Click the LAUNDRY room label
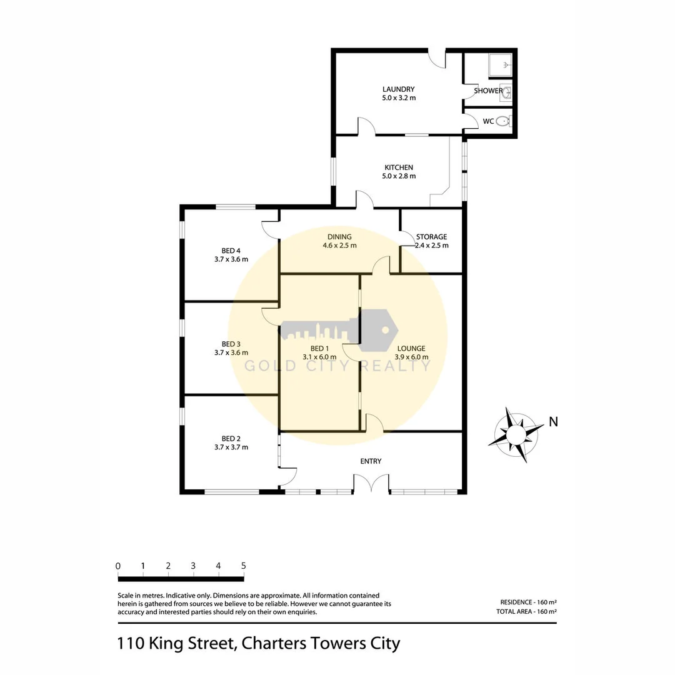[x=399, y=89]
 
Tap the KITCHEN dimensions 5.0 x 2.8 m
[x=399, y=176]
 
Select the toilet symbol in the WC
[x=503, y=121]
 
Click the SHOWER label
[x=487, y=91]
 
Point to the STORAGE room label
[x=431, y=237]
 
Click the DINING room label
[x=339, y=237]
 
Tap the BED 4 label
[x=231, y=251]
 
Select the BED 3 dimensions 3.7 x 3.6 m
[x=231, y=352]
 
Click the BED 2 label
[x=231, y=439]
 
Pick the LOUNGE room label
[x=411, y=349]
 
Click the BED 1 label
[x=319, y=349]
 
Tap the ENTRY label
[x=371, y=461]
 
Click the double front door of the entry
[x=371, y=484]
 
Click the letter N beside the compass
[x=553, y=422]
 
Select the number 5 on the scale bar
[x=243, y=566]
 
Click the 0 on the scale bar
[x=118, y=566]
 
